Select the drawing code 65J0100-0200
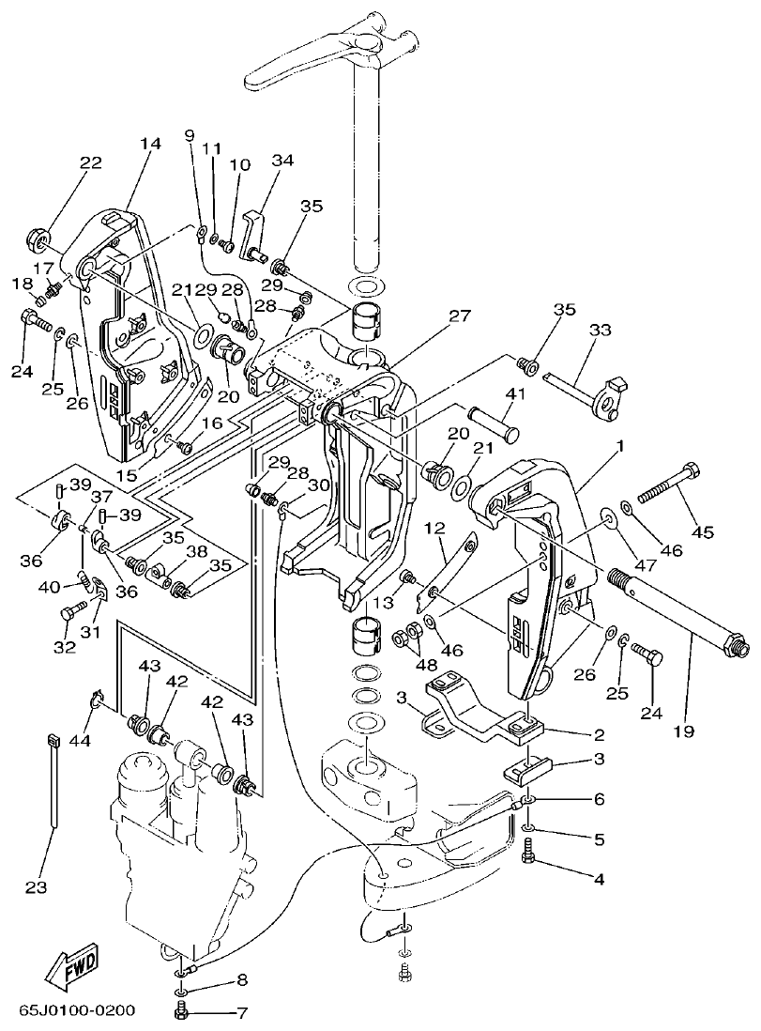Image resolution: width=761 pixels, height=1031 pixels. [77, 1011]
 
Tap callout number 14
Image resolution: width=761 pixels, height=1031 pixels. [150, 144]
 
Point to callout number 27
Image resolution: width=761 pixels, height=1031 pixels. [459, 316]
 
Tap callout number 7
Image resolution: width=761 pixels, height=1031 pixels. [241, 1013]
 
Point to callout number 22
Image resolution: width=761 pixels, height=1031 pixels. [90, 162]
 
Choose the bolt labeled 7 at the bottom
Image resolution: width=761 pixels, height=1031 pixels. [183, 1011]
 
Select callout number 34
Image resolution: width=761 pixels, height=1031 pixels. [282, 161]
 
